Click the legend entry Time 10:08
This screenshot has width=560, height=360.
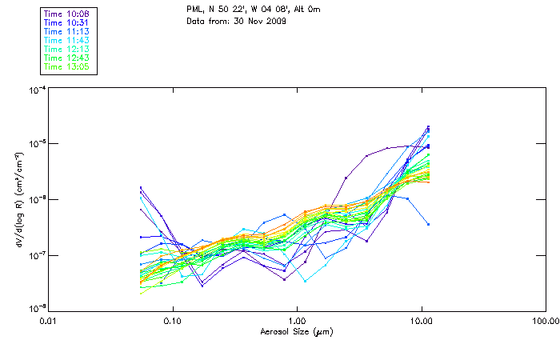pos(66,14)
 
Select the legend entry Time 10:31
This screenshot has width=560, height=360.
pos(66,23)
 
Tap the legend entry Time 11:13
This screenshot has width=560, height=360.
pos(66,32)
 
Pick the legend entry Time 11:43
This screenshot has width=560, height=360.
pos(66,41)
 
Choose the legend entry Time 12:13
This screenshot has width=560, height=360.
pos(66,50)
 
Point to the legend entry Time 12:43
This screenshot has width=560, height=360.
pos(66,58)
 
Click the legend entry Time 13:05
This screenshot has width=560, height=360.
pos(66,67)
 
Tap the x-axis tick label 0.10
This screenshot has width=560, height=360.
pos(173,321)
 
